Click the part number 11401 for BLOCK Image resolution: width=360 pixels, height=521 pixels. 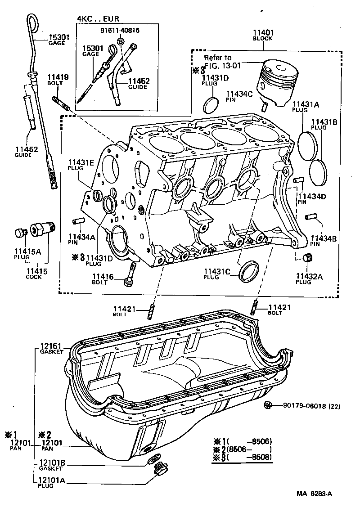263,33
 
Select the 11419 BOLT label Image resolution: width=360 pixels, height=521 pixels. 58,80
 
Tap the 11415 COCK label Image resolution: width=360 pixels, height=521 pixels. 33,274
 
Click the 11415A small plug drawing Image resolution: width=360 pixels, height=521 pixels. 19,233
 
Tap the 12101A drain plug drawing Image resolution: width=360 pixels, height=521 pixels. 158,471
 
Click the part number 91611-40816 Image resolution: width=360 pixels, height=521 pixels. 120,31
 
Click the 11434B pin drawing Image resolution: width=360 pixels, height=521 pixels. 310,217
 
